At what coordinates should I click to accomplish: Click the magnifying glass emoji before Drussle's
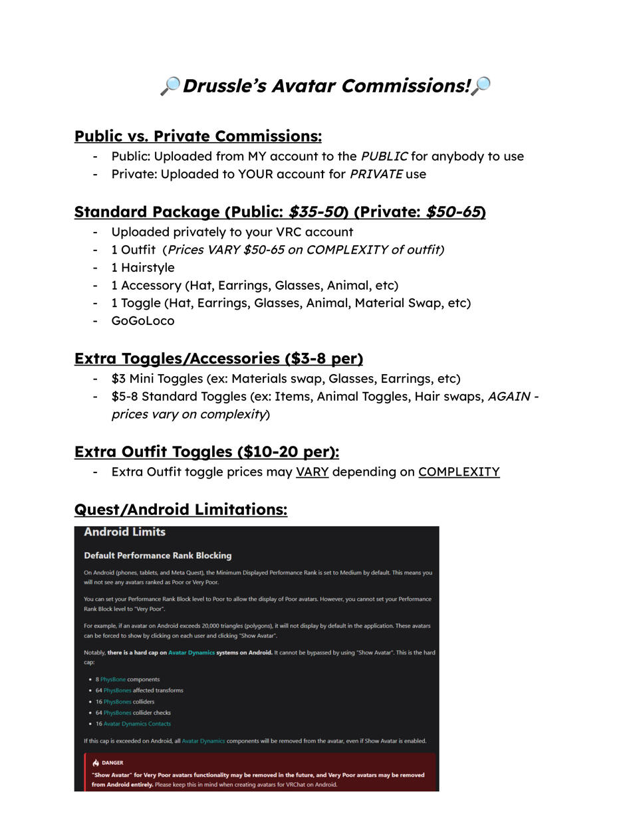[170, 86]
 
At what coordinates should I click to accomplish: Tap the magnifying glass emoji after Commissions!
[481, 86]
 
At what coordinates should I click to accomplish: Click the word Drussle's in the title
[223, 86]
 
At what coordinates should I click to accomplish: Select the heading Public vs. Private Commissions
[197, 136]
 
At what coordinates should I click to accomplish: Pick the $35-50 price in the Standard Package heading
[316, 213]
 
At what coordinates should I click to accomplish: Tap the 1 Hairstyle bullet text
[143, 268]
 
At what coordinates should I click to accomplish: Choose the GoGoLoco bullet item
[143, 321]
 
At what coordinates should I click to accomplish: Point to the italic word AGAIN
[509, 397]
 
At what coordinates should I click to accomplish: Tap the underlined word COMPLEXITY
[459, 472]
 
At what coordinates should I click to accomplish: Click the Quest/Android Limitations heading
[180, 510]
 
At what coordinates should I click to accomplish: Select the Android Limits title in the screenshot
[124, 532]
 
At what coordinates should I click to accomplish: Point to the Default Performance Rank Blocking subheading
[158, 556]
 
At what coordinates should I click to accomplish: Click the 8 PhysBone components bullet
[127, 679]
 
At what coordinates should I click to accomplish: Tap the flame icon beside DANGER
[96, 763]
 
